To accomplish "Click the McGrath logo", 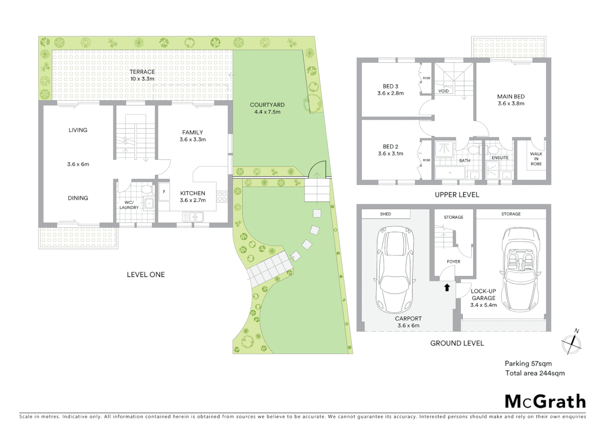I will (545, 401).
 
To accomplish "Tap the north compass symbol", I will (571, 343).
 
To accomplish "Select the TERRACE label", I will (142, 72).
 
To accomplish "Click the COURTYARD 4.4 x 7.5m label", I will (267, 108).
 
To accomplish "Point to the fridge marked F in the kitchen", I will (164, 192).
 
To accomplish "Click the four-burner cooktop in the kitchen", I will (222, 196).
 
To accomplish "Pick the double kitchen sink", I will (193, 217).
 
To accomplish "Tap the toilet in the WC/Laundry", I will (147, 189).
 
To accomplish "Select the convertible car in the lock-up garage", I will (520, 269).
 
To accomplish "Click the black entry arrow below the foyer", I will (447, 288).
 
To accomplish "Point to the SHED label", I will (385, 214).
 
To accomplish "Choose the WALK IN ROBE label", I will (536, 159).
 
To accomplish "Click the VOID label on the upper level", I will (443, 91).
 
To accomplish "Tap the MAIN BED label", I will (511, 96).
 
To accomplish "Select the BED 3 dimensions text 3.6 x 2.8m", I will (390, 94).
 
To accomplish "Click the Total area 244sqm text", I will (535, 373).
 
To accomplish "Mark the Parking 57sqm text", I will (528, 363).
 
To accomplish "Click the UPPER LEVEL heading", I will (457, 195).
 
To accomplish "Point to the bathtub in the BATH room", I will (450, 173).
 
